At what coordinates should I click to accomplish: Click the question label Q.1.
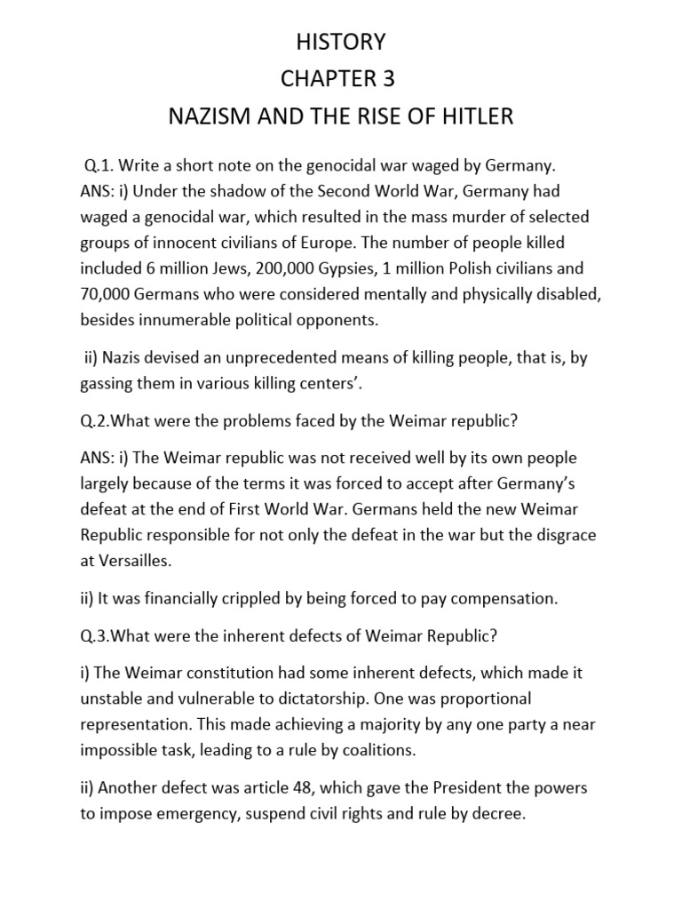(99, 166)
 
